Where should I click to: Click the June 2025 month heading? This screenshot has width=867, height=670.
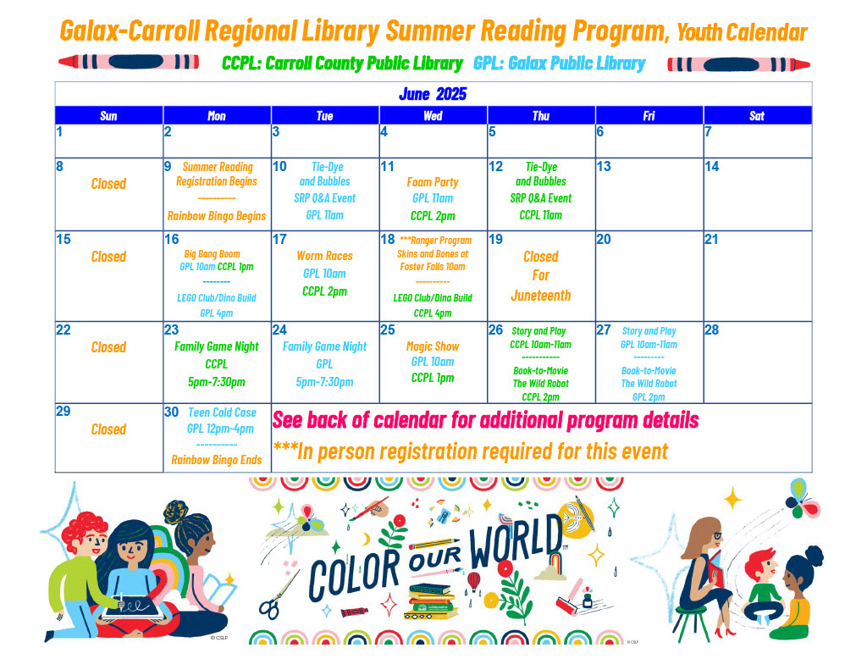click(433, 94)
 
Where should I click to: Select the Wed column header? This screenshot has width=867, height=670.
click(433, 116)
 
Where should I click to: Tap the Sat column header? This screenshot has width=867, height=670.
click(757, 116)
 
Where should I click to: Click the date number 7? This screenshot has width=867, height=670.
click(709, 131)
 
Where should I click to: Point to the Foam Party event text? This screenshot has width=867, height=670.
click(433, 182)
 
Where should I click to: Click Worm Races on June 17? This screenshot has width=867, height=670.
click(324, 256)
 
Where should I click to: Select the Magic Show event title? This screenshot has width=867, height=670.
click(433, 346)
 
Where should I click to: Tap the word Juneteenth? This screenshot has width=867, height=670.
click(541, 296)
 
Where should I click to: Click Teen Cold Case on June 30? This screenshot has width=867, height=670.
click(223, 413)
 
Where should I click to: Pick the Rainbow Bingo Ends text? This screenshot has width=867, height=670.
click(217, 460)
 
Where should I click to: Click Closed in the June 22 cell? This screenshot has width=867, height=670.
click(108, 347)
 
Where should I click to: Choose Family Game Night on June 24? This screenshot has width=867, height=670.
click(324, 346)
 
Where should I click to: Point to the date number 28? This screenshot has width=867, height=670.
click(711, 329)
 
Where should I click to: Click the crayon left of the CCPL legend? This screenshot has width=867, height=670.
click(129, 62)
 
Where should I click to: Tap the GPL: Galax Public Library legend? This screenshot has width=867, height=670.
click(560, 63)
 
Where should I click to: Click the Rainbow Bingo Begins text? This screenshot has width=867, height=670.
click(217, 216)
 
